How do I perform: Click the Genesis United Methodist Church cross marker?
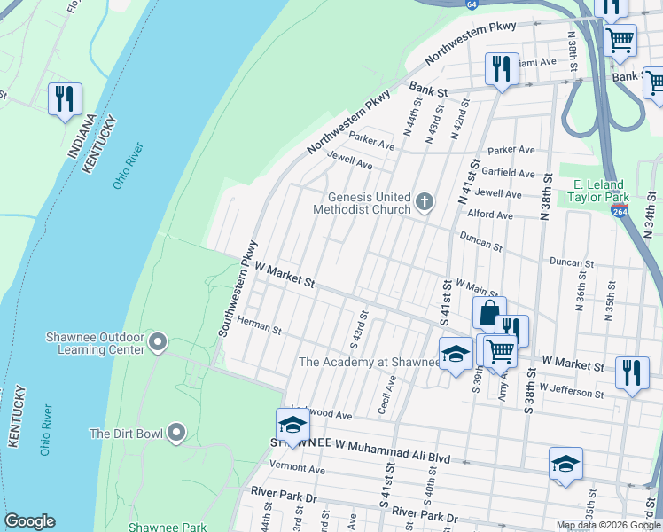[425, 203]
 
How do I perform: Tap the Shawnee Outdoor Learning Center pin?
[159, 341]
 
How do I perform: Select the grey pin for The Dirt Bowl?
[176, 433]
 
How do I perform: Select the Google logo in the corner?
[29, 521]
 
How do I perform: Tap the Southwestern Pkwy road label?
[238, 288]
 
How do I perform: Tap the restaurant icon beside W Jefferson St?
[630, 372]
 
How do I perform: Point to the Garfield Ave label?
[511, 174]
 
